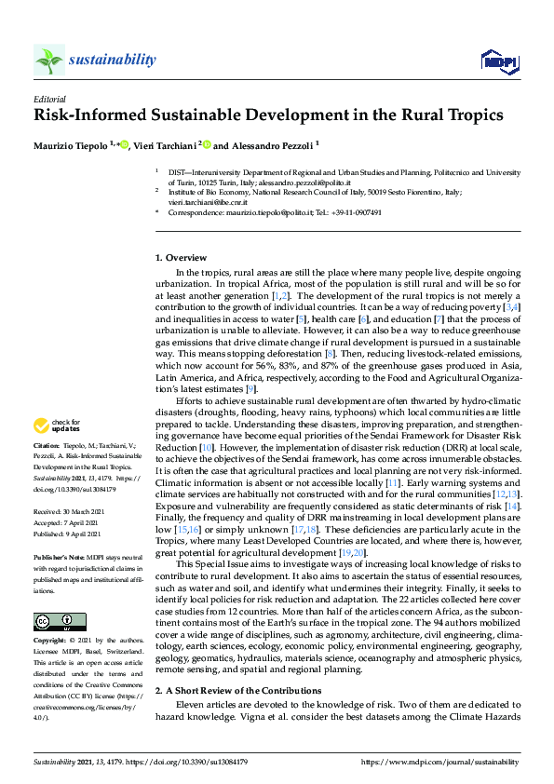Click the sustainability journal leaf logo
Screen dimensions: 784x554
tap(48, 60)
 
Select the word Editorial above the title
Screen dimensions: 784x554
tap(49, 99)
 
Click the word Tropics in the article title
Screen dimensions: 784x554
tap(463, 115)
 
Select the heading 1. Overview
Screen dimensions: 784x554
tap(181, 257)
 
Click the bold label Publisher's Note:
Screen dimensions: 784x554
tap(61, 555)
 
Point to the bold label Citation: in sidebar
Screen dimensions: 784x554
tap(48, 446)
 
